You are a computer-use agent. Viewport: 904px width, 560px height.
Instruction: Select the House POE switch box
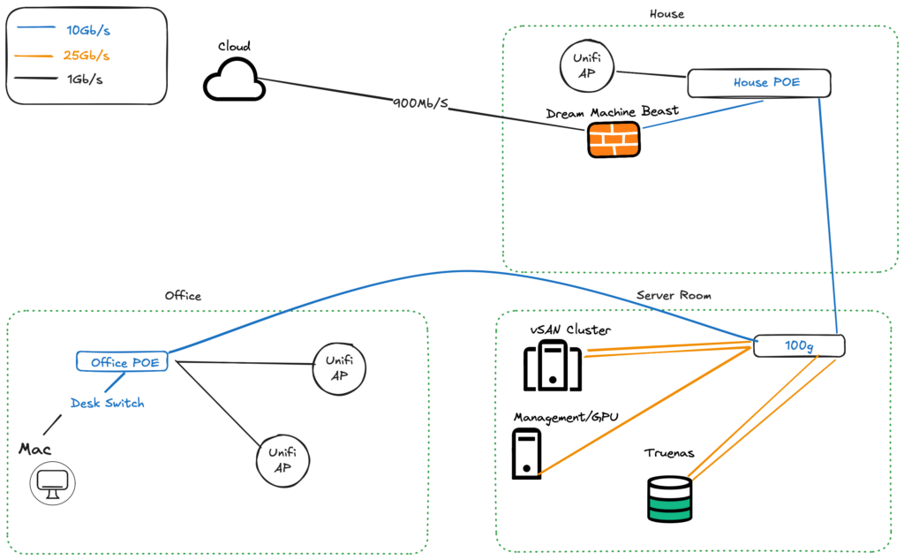click(x=758, y=83)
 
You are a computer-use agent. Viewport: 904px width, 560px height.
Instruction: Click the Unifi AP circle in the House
click(x=587, y=65)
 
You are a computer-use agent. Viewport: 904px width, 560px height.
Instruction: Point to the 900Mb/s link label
click(x=420, y=103)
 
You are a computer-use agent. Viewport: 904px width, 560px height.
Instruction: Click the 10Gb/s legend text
click(x=88, y=31)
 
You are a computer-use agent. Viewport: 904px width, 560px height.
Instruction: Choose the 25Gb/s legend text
click(x=87, y=56)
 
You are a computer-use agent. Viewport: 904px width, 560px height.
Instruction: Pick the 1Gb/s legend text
click(x=85, y=79)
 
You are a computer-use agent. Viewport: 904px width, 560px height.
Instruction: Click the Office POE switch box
click(x=122, y=361)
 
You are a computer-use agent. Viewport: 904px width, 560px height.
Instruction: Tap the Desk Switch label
click(x=107, y=403)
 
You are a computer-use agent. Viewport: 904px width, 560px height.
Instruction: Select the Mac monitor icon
click(x=52, y=483)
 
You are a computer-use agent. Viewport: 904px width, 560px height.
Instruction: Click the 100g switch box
click(x=799, y=346)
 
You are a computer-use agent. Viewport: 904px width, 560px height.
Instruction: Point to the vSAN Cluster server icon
click(x=553, y=365)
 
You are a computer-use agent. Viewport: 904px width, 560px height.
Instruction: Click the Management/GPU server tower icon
click(x=526, y=454)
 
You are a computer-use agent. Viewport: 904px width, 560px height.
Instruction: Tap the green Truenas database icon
click(x=669, y=499)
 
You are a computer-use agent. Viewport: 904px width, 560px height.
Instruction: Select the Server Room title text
click(x=674, y=295)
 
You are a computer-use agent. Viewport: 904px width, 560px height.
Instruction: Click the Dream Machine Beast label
click(x=613, y=111)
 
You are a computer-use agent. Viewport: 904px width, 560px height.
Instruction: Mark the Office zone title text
click(x=183, y=296)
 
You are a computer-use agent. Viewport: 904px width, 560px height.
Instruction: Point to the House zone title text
click(x=667, y=14)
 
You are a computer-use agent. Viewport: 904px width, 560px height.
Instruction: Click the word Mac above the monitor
click(x=35, y=450)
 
